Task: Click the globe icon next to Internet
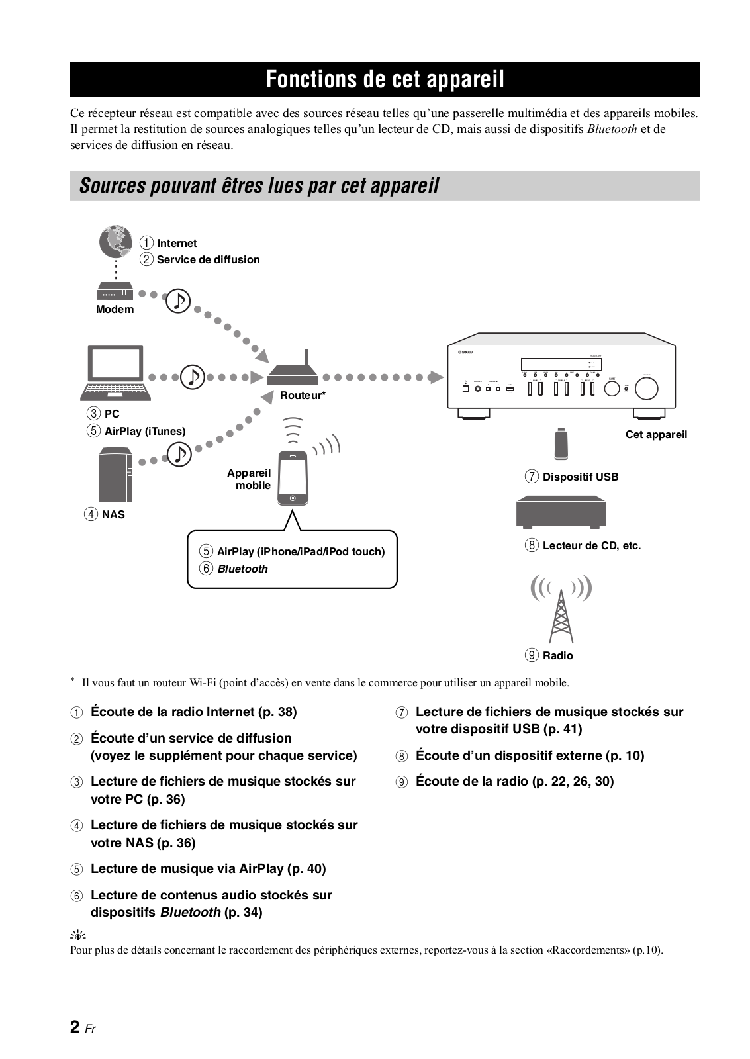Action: (x=116, y=243)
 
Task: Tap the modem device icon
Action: (x=115, y=291)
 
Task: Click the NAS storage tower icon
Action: (x=116, y=475)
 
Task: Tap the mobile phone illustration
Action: (x=293, y=479)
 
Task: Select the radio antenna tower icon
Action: (x=561, y=612)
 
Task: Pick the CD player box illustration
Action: (x=561, y=510)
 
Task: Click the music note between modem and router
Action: (x=177, y=300)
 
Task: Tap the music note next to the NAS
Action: (x=178, y=454)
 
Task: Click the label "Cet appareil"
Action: (x=656, y=435)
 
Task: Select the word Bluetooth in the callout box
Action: (x=242, y=569)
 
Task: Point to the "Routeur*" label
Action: (x=303, y=396)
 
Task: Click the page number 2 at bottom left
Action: (x=75, y=1027)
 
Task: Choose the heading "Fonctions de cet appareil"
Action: (x=385, y=79)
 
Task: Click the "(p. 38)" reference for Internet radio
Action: (x=277, y=712)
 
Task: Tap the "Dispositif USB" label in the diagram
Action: (x=581, y=477)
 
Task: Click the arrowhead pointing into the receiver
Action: (x=435, y=377)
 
